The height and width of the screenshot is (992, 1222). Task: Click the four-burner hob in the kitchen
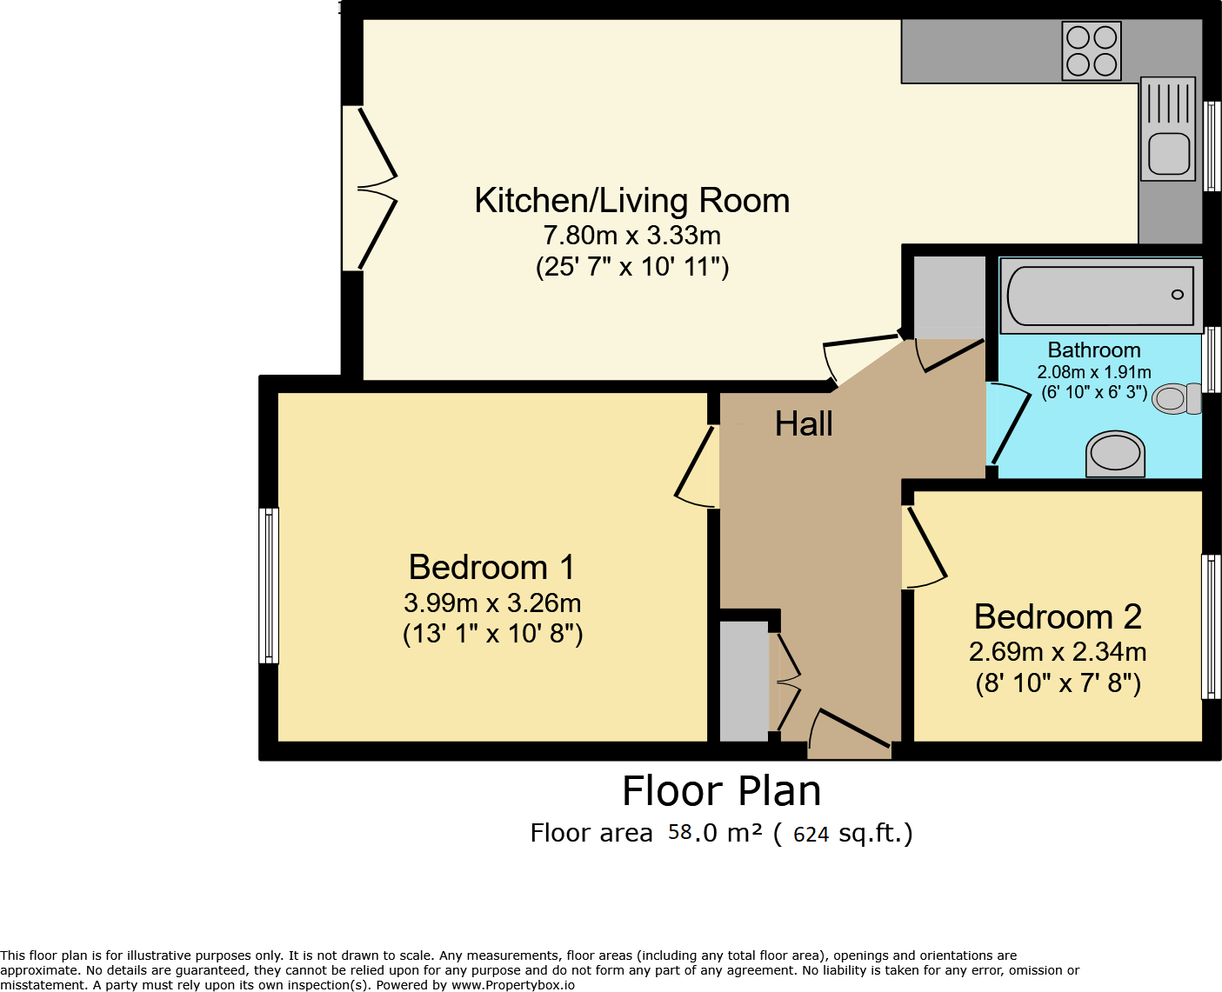[1092, 50]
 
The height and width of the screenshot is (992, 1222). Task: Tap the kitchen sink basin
[1169, 154]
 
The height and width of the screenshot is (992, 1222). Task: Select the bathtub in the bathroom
[1101, 296]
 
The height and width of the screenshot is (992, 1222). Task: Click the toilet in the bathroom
[1177, 398]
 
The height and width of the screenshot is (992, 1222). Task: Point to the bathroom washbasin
[1115, 454]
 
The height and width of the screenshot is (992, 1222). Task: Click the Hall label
[803, 424]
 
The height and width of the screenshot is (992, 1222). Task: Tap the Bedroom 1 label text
[491, 567]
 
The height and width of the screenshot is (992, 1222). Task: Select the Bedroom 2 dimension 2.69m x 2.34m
[1058, 652]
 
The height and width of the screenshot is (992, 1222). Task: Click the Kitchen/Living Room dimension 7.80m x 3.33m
[631, 235]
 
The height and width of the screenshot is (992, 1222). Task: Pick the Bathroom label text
[1094, 350]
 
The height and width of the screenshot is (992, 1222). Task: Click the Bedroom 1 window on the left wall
[269, 585]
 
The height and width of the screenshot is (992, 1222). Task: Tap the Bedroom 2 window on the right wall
[1211, 627]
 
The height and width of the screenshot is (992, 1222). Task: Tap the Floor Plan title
[721, 791]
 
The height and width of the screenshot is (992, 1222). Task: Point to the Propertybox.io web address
[513, 985]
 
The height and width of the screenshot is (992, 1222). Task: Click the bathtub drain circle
[1178, 295]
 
